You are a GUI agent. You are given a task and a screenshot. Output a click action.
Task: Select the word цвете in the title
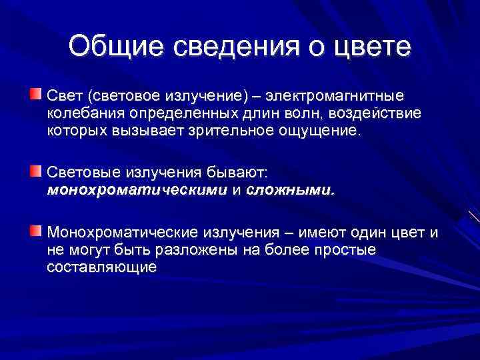(371, 47)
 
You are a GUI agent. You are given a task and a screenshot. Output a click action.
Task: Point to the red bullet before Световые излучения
(35, 172)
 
